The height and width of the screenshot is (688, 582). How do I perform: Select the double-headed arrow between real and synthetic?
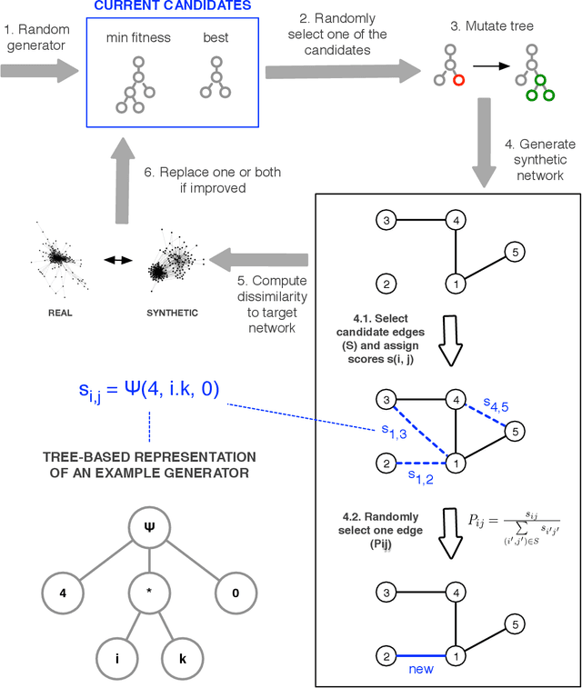(x=118, y=260)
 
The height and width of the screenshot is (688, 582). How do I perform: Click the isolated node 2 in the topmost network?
(x=386, y=284)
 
